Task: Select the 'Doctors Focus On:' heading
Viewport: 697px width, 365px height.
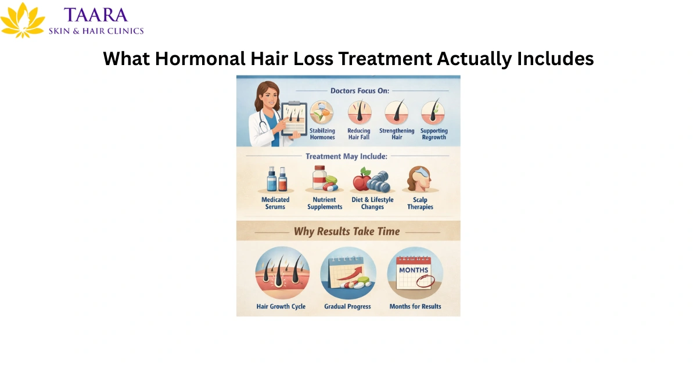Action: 360,90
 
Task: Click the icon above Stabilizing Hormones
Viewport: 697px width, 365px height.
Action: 322,112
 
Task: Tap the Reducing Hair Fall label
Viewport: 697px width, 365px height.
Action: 358,134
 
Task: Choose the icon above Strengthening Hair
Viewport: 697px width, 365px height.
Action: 397,112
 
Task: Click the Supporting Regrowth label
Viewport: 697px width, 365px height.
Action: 434,134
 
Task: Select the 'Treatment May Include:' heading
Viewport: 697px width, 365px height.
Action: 347,156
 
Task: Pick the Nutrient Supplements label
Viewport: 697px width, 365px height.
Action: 324,203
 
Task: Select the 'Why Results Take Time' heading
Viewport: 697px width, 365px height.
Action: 347,231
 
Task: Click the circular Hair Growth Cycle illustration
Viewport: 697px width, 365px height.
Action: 282,273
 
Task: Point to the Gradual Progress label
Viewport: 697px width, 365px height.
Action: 347,306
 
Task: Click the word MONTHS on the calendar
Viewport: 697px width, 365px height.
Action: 414,270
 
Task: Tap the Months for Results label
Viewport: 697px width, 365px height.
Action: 415,306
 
